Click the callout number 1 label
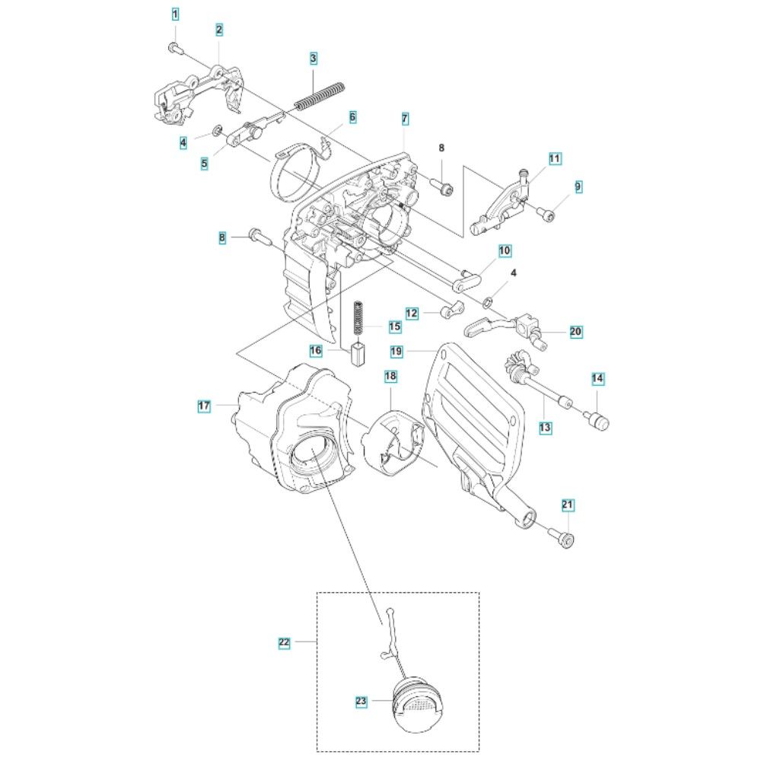[176, 14]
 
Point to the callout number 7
[405, 119]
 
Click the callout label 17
[204, 406]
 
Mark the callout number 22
[284, 642]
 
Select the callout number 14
[597, 378]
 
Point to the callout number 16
[316, 350]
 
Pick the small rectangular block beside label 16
[358, 355]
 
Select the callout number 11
[555, 158]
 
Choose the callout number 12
[412, 314]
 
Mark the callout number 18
[390, 377]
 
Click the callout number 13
[546, 428]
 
